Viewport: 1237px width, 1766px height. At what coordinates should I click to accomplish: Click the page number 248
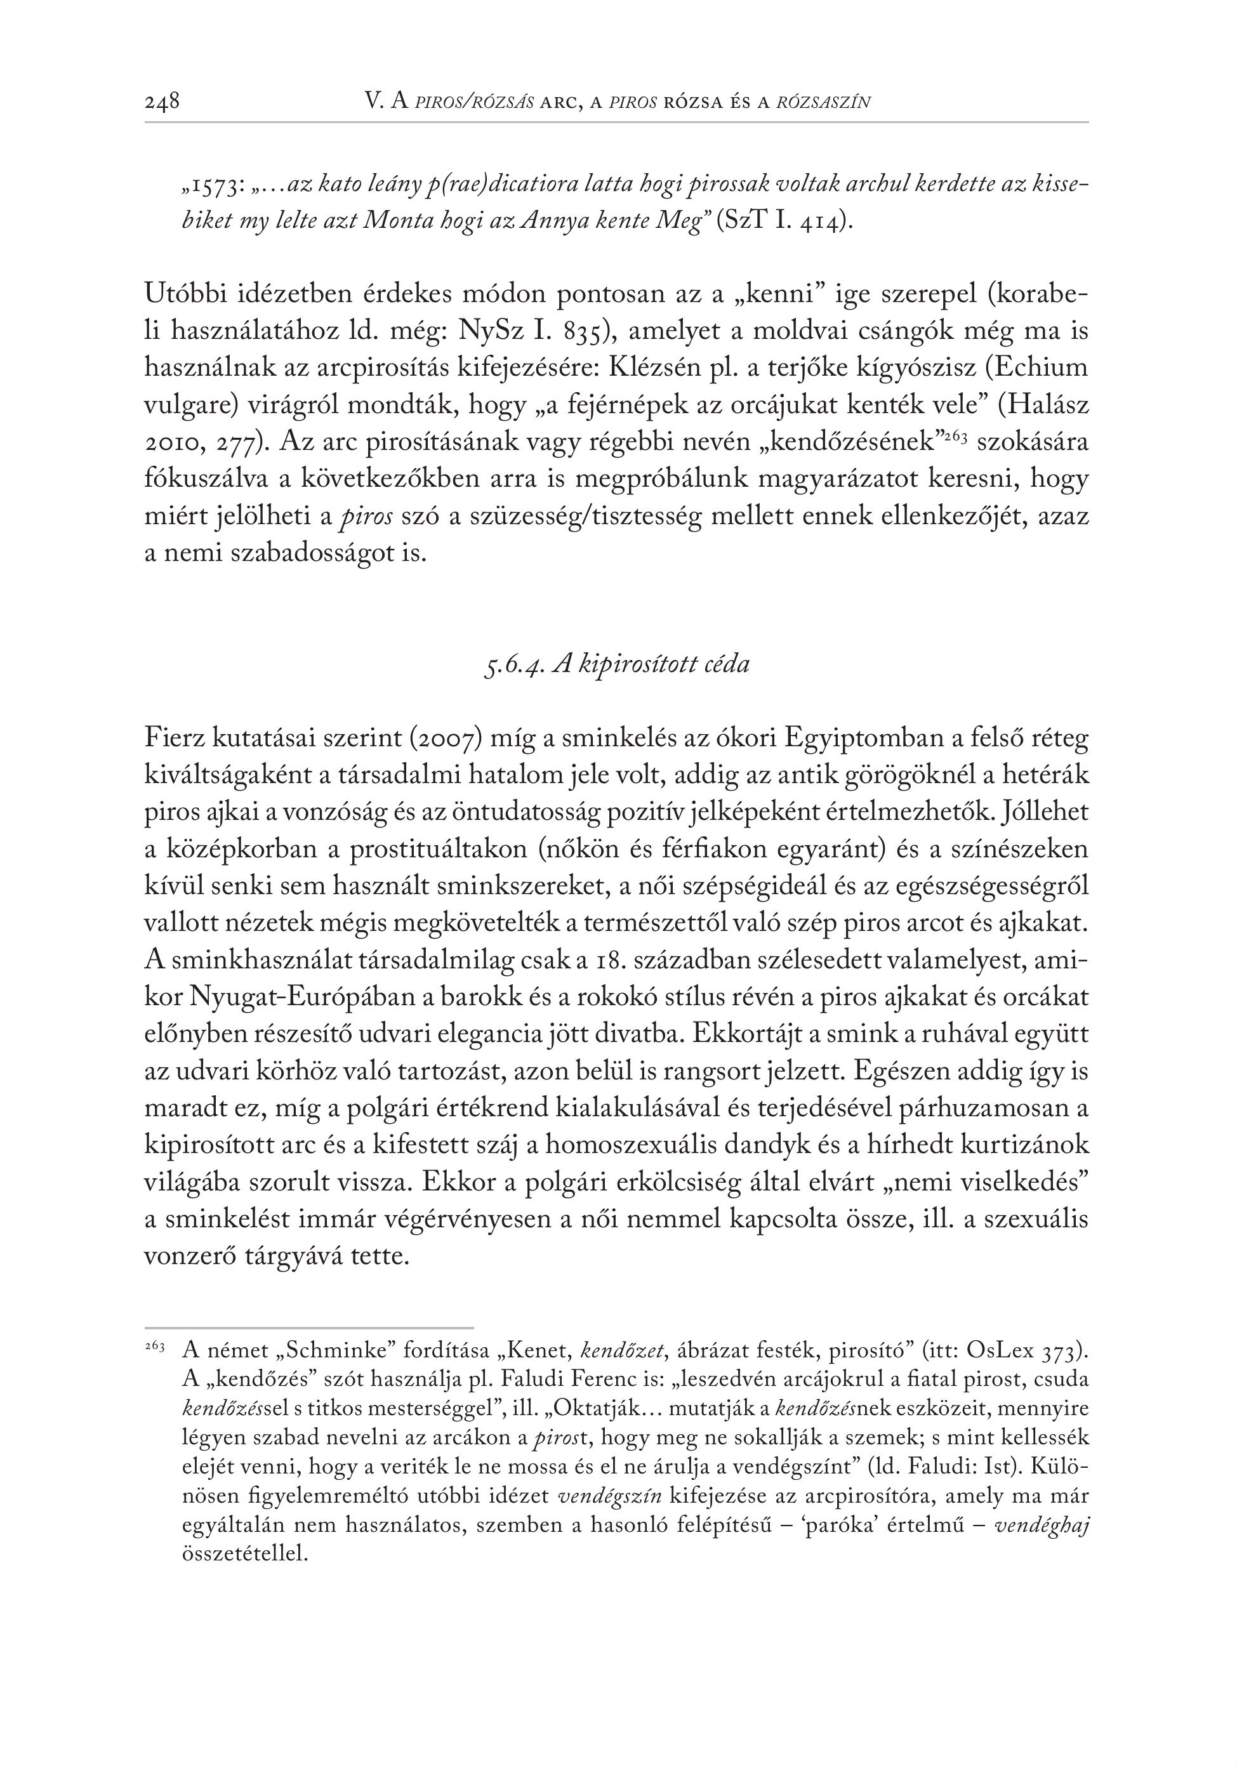tap(162, 101)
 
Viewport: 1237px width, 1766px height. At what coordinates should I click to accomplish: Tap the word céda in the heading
tap(726, 664)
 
